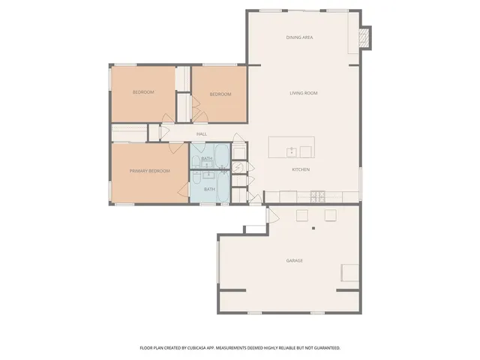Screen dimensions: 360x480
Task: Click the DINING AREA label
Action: coord(299,37)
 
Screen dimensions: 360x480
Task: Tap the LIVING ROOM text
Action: coord(304,93)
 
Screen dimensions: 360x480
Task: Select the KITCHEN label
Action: coord(301,169)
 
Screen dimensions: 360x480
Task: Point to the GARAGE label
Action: coord(294,261)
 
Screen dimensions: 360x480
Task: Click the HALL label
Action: coord(202,134)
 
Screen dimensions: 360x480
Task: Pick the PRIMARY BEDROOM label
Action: coord(149,171)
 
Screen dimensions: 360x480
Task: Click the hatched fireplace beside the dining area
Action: coord(365,37)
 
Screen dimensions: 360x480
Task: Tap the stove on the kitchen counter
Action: coord(319,196)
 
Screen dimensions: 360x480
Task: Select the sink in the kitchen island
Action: coord(292,151)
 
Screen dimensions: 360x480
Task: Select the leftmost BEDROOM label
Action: coord(143,92)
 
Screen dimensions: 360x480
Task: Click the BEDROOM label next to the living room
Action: coord(220,94)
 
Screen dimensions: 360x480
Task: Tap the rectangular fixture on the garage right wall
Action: coord(349,271)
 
